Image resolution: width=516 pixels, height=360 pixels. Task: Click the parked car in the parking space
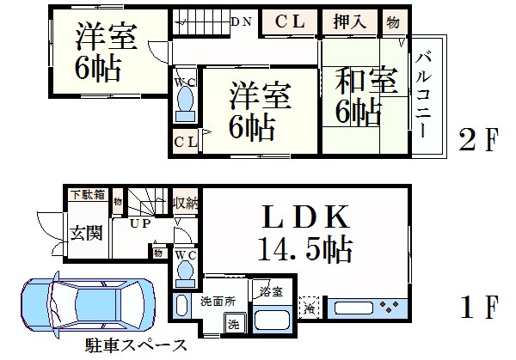88,304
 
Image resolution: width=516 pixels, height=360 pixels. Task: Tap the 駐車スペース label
136,345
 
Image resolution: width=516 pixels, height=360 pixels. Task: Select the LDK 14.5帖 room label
305,234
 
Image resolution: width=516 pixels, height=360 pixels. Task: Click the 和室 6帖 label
365,96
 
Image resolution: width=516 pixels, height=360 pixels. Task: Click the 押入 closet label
349,21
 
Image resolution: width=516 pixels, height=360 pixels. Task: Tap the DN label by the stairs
242,21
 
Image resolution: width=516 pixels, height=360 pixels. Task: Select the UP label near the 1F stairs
140,223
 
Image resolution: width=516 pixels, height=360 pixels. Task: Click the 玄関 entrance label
86,233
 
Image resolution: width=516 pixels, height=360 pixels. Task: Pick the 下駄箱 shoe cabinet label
89,194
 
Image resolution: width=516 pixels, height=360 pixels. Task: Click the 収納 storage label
185,204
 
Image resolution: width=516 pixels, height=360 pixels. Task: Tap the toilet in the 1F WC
185,274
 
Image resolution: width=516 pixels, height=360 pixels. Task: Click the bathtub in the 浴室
272,319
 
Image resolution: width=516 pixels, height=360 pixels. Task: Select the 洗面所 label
218,302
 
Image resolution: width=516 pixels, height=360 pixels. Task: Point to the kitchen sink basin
354,308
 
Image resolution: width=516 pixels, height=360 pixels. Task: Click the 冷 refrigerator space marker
310,308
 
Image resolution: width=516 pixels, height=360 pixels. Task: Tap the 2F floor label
479,139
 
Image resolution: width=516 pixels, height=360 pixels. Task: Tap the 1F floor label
479,307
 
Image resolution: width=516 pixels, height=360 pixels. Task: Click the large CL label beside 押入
290,21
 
